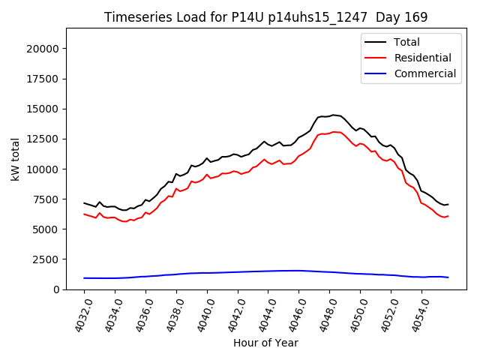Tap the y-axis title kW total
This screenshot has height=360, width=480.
click(x=16, y=158)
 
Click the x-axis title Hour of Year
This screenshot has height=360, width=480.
click(x=265, y=343)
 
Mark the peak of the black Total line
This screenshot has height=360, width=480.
click(x=334, y=115)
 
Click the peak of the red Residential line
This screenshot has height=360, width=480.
click(x=334, y=131)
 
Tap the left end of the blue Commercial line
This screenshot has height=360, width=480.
click(x=84, y=278)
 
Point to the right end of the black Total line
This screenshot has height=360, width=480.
click(x=448, y=204)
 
